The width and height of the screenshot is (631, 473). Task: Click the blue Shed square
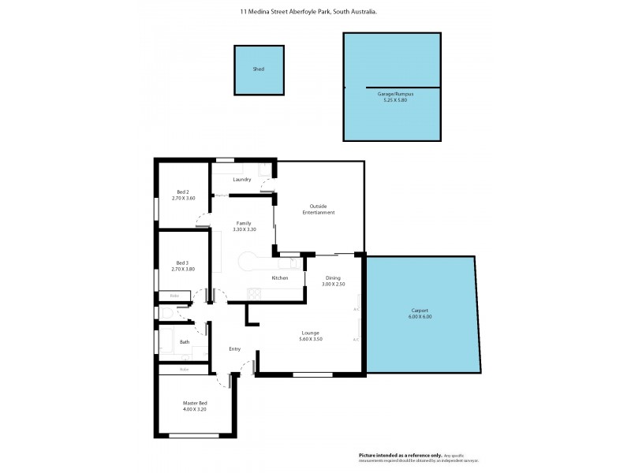(x=258, y=69)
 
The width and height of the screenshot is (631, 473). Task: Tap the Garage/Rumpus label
(x=390, y=93)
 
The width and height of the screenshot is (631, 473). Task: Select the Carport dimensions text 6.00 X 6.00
(x=421, y=317)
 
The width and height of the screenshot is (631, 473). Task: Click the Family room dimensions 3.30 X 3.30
(x=245, y=229)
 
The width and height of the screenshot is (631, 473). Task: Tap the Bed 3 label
(x=182, y=263)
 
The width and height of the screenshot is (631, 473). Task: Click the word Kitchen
(x=280, y=278)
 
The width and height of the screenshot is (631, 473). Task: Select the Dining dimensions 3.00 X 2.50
(x=334, y=284)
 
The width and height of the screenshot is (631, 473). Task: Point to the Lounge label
(x=310, y=333)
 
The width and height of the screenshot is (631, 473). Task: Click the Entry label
(x=234, y=349)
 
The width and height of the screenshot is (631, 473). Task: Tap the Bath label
(x=185, y=342)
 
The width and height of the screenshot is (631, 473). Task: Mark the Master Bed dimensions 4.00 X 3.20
(x=195, y=409)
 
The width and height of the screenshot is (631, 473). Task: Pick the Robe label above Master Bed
(x=184, y=369)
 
